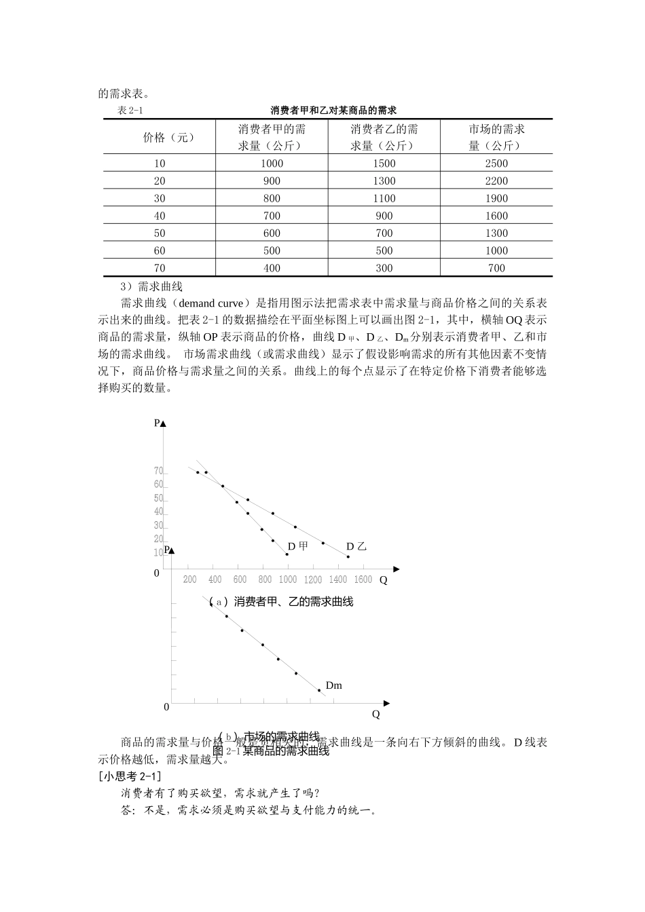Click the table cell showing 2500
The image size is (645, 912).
pos(496,164)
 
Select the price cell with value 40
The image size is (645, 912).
pos(160,216)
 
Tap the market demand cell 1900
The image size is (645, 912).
pos(496,198)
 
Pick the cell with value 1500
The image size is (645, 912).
pos(384,164)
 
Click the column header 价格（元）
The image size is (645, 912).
pos(169,137)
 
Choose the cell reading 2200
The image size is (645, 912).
pos(496,180)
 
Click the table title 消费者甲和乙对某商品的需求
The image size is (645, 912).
pos(333,110)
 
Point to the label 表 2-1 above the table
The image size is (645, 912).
pos(131,111)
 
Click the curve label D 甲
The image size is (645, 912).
pos(297,546)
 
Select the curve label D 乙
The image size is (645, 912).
pos(356,546)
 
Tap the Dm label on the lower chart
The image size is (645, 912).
pos(333,685)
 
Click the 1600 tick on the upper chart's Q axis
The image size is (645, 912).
pos(363,579)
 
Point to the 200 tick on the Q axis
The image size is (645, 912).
pos(190,579)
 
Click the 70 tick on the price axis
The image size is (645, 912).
pos(158,471)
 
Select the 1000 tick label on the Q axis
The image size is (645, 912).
pos(287,579)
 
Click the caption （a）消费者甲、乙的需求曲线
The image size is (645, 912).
pos(281,601)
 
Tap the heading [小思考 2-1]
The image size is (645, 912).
pos(130,776)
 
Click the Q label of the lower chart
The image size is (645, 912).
pos(375,714)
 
